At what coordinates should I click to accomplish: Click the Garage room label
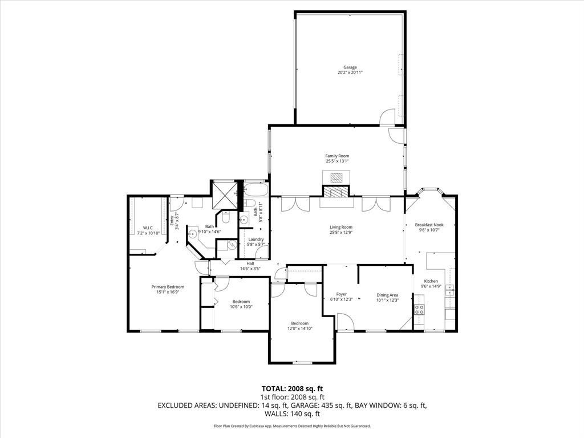[350, 67]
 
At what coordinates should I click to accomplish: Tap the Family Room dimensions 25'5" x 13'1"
[337, 161]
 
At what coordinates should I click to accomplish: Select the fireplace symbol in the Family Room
[337, 177]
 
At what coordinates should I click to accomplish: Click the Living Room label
[341, 227]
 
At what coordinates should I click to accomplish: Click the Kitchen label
[431, 281]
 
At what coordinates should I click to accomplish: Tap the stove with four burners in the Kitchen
[419, 310]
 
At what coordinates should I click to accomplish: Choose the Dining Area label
[387, 295]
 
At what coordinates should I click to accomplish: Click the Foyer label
[341, 294]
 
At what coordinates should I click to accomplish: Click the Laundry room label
[256, 239]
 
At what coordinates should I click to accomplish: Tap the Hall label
[250, 263]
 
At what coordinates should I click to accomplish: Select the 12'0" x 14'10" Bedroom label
[299, 323]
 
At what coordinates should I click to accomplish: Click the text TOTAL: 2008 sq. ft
[292, 389]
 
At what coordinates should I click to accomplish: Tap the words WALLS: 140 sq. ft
[292, 414]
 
